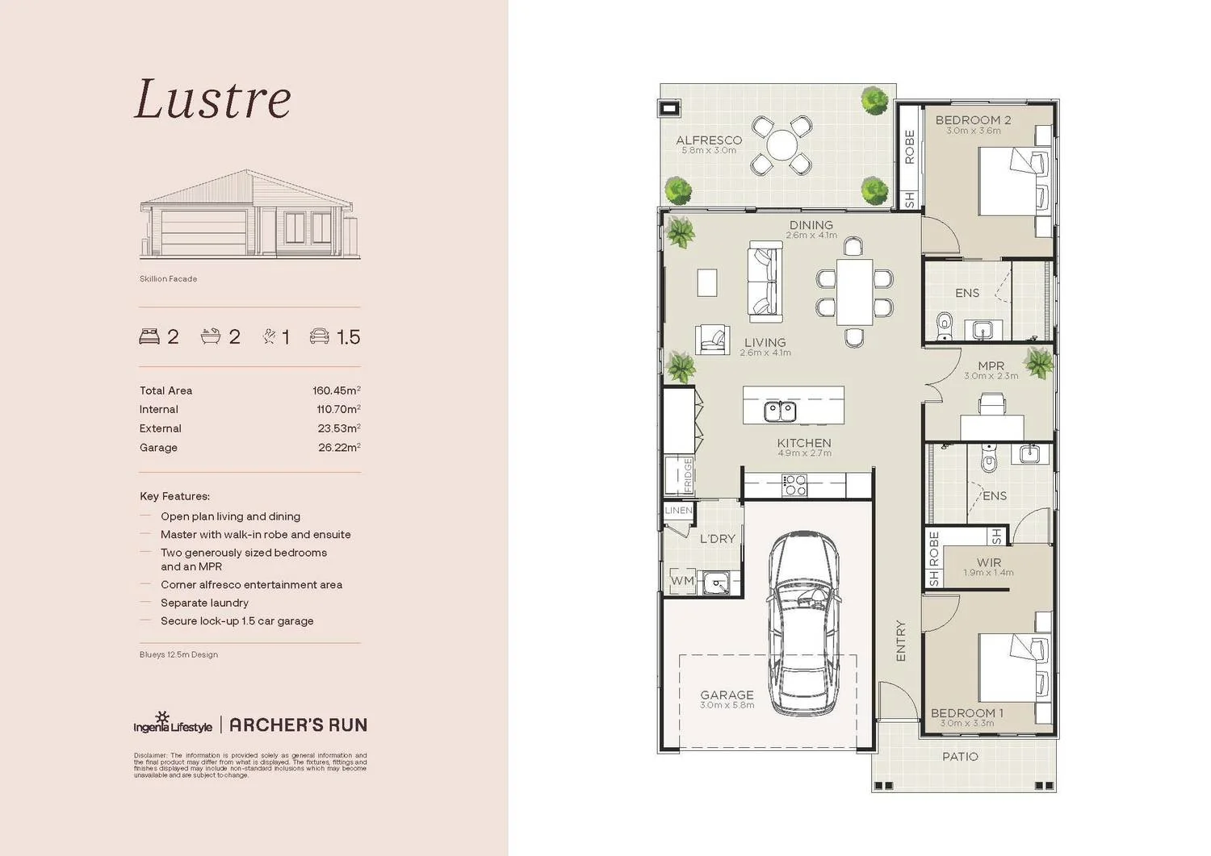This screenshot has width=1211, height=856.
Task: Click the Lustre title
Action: (212, 99)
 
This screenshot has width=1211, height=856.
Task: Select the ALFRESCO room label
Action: (708, 140)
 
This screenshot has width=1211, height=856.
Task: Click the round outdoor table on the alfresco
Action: (781, 146)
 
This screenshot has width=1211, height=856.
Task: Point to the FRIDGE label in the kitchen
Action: (688, 475)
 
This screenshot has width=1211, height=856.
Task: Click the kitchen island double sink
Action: (780, 411)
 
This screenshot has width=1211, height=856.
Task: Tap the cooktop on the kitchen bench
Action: (794, 485)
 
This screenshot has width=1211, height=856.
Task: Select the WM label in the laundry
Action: (682, 580)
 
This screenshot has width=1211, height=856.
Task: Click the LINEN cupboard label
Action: (678, 511)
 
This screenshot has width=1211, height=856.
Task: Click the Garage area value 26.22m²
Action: (338, 448)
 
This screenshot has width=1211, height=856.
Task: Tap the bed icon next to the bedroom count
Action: (149, 336)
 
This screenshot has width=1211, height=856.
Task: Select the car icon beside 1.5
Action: (320, 336)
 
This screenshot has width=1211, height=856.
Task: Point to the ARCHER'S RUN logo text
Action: (298, 724)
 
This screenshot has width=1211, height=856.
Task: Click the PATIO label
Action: (960, 757)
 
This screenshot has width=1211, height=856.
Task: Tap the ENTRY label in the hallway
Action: (901, 641)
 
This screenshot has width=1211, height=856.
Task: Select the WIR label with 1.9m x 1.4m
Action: (988, 563)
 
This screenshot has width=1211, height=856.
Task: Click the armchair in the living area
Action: (713, 340)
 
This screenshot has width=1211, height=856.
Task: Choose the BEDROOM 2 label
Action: (973, 120)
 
